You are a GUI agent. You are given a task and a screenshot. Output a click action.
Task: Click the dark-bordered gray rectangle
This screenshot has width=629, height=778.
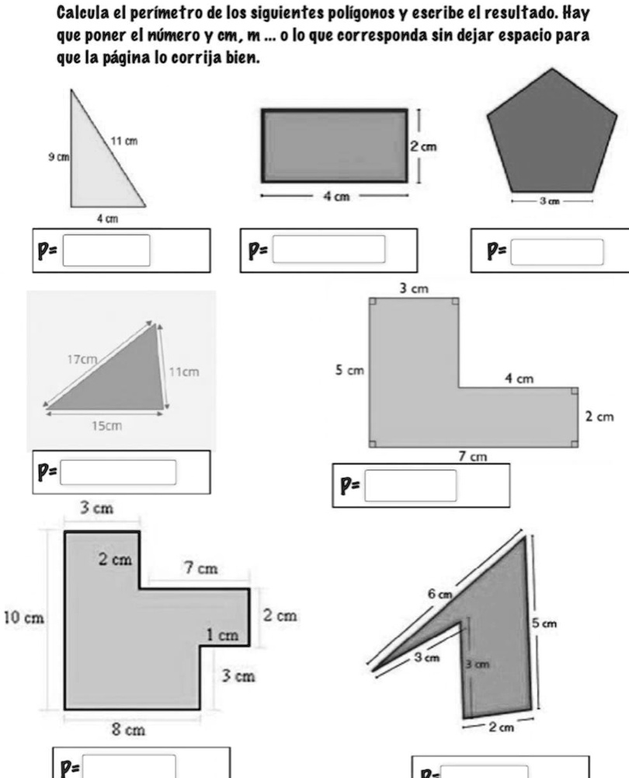[x=335, y=145]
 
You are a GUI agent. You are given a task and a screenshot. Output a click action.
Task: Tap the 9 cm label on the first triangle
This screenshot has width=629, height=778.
[x=58, y=157]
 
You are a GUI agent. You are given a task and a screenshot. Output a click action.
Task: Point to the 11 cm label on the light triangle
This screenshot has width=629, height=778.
[x=124, y=141]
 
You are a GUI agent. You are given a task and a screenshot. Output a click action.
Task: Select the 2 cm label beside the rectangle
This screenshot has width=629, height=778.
[x=424, y=146]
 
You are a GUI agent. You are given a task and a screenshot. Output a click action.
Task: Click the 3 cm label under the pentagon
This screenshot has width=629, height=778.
[x=550, y=201]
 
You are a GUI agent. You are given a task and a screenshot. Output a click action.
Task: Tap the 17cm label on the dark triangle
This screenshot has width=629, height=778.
[x=82, y=359]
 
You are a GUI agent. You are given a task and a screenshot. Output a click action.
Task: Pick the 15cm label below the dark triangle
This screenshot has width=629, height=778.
[x=106, y=426]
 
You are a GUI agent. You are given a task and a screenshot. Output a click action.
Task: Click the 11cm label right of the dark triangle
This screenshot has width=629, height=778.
[x=184, y=372]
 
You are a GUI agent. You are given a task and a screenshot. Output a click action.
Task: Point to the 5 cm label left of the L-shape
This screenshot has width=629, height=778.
[x=349, y=370]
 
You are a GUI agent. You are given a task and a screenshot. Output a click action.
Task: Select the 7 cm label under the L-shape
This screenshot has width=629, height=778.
[x=473, y=456]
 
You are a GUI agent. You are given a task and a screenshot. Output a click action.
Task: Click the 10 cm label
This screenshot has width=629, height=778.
[x=24, y=618]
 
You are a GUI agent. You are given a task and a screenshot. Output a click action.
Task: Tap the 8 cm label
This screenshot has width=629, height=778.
[x=128, y=730]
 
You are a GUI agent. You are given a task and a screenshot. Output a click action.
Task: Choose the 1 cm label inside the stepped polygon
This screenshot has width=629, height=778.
[x=223, y=635]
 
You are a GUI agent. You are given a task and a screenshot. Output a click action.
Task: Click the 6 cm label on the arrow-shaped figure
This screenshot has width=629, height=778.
[x=440, y=594]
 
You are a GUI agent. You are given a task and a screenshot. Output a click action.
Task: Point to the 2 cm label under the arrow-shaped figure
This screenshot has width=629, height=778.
[x=502, y=727]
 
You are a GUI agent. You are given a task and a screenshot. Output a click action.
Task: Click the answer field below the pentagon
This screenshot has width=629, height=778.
[x=557, y=252]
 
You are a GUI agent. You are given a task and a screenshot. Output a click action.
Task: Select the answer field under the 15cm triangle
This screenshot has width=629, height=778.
[x=118, y=473]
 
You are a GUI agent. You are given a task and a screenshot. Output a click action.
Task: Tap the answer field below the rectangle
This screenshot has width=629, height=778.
[x=328, y=249]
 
